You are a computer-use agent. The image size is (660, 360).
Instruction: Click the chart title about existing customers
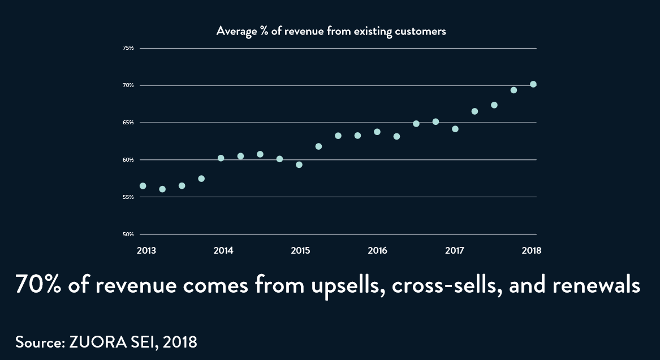[331, 31]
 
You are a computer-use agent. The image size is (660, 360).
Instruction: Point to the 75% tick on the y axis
[128, 48]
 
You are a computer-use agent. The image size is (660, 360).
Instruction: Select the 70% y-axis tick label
[128, 85]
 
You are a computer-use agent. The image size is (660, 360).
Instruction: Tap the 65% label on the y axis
[128, 123]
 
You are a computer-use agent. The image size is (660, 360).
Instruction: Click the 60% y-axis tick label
[128, 160]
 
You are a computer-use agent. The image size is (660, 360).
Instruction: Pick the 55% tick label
[128, 197]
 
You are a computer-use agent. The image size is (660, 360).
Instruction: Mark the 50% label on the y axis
[128, 235]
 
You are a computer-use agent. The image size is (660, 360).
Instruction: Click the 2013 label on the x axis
[145, 250]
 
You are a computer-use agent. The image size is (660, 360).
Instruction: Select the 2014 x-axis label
[223, 250]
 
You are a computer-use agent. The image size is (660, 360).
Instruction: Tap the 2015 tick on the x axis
[300, 250]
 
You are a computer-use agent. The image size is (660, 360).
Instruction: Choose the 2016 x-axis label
[377, 250]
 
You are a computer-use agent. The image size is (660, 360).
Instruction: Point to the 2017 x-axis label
[455, 250]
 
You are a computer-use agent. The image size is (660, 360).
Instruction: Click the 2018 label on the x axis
[532, 250]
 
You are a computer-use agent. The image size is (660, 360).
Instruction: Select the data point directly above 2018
[533, 84]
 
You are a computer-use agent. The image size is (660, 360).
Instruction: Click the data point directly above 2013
[143, 186]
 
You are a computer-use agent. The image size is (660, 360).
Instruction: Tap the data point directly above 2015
[299, 165]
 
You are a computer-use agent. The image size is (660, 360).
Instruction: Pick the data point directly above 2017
[455, 129]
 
